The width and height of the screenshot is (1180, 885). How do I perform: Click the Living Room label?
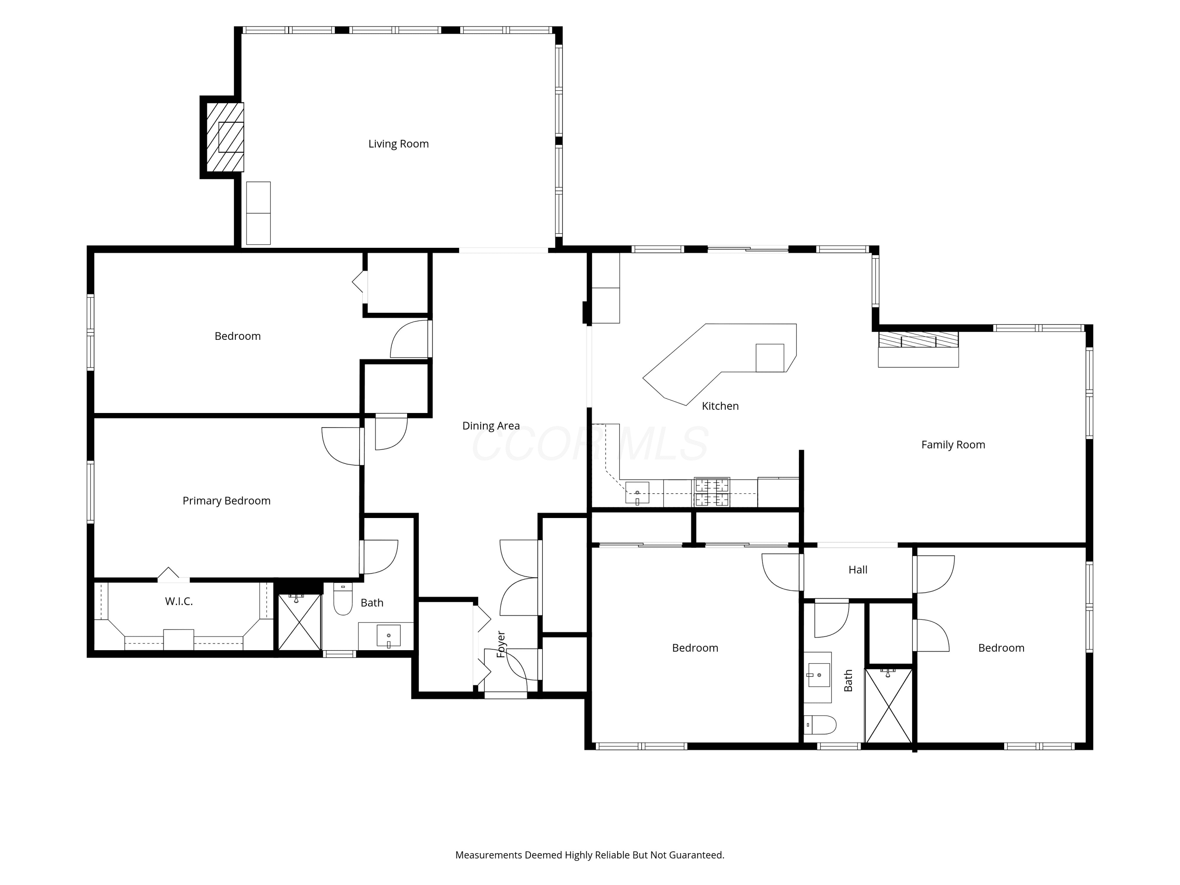[398, 144]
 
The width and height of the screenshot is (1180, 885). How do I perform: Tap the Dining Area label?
[491, 426]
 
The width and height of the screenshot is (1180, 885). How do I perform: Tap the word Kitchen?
[720, 406]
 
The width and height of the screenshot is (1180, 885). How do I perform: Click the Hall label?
[858, 570]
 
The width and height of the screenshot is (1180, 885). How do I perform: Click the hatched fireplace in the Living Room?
[225, 137]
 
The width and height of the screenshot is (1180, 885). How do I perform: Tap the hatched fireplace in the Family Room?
[918, 340]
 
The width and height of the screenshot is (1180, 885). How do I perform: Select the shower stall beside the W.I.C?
[299, 621]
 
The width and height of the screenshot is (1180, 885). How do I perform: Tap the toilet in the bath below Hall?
[820, 725]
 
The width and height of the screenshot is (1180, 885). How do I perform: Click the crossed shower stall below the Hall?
[888, 705]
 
